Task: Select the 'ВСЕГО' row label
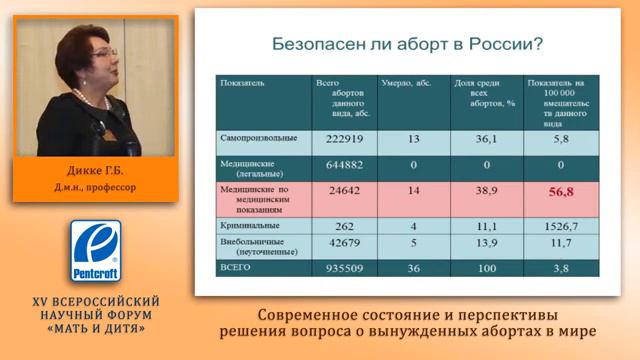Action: pos(235,269)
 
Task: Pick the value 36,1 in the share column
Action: pos(483,140)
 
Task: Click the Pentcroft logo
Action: pos(97,252)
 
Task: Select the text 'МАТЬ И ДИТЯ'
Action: pos(98,328)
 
